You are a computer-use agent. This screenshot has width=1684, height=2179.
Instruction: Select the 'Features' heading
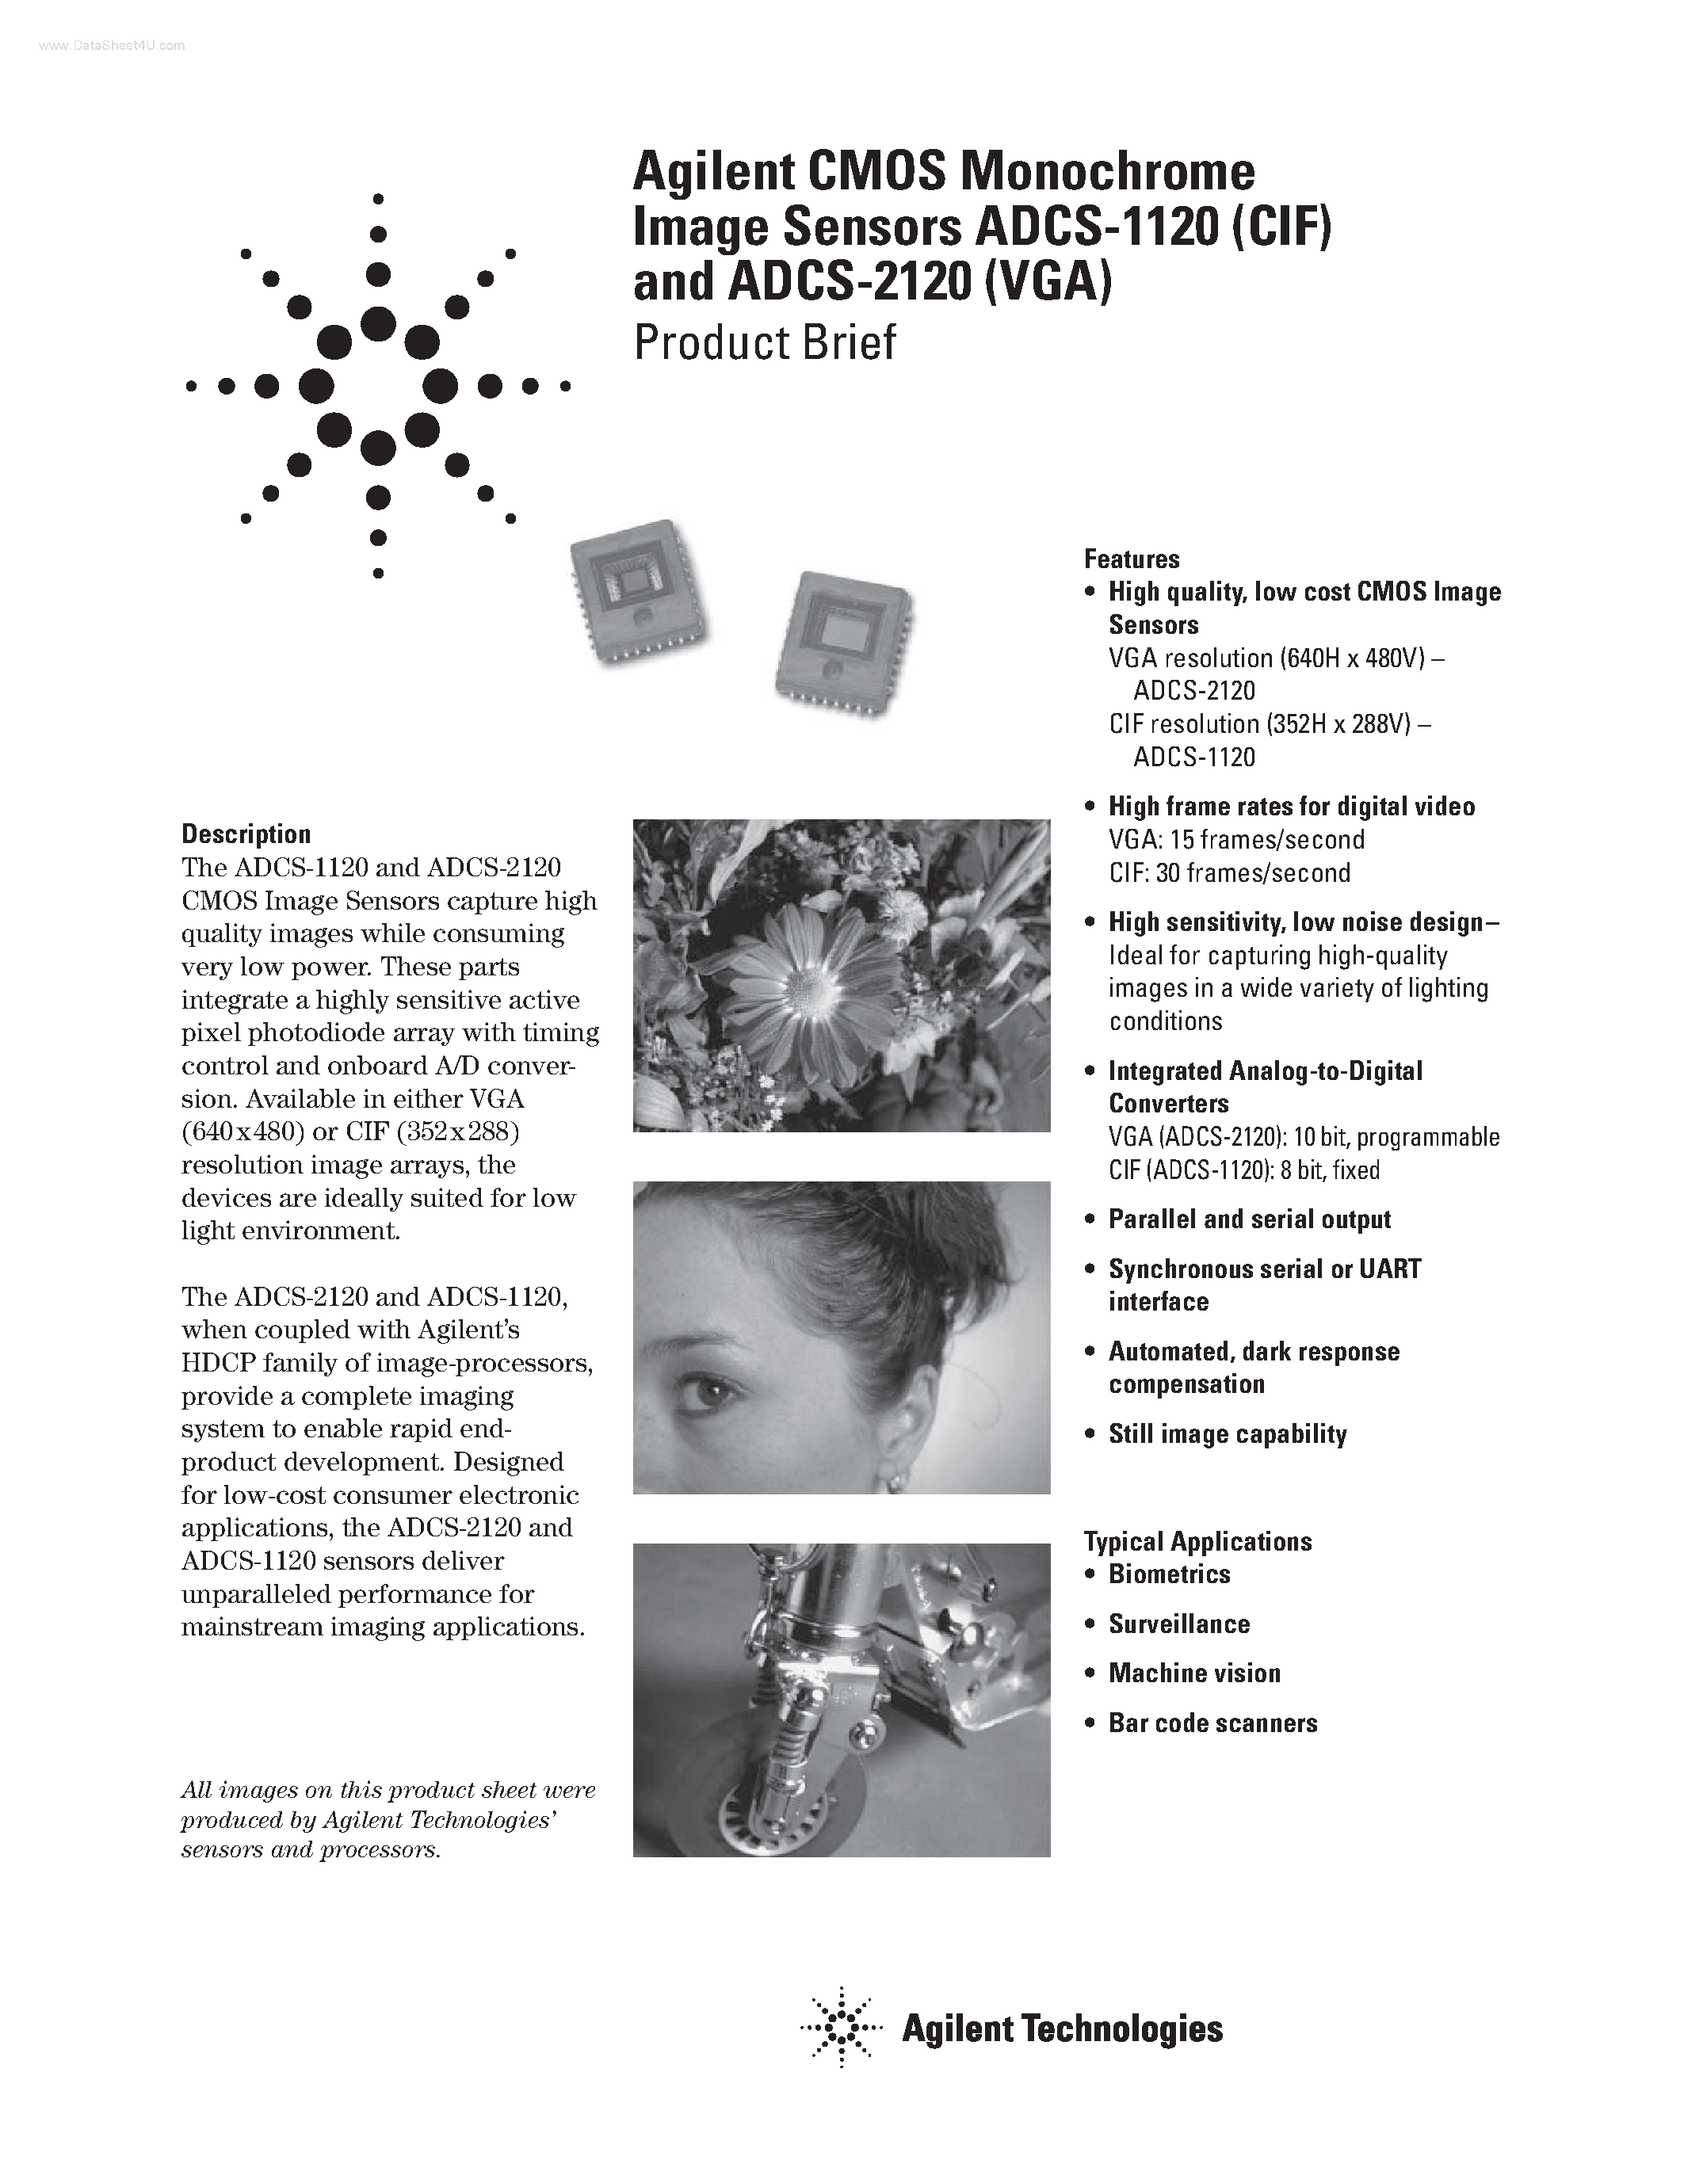[x=1132, y=559]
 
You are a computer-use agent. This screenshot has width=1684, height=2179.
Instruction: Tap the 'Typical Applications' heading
[x=1197, y=1541]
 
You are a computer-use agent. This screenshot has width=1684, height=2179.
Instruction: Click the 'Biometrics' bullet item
[x=1169, y=1574]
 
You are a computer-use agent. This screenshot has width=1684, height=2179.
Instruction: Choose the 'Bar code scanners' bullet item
[x=1212, y=1723]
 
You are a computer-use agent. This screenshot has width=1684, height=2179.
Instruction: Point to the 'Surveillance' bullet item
[x=1178, y=1624]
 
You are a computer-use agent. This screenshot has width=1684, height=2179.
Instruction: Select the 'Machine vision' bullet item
[x=1194, y=1673]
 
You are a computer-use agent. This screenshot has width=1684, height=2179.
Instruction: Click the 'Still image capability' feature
[x=1227, y=1433]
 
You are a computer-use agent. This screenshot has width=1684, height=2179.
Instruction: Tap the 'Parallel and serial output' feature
[x=1249, y=1219]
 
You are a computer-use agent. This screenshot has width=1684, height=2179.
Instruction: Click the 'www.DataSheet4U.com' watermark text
[x=99, y=46]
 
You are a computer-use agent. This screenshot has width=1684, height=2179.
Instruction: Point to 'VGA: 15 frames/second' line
[x=1236, y=840]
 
